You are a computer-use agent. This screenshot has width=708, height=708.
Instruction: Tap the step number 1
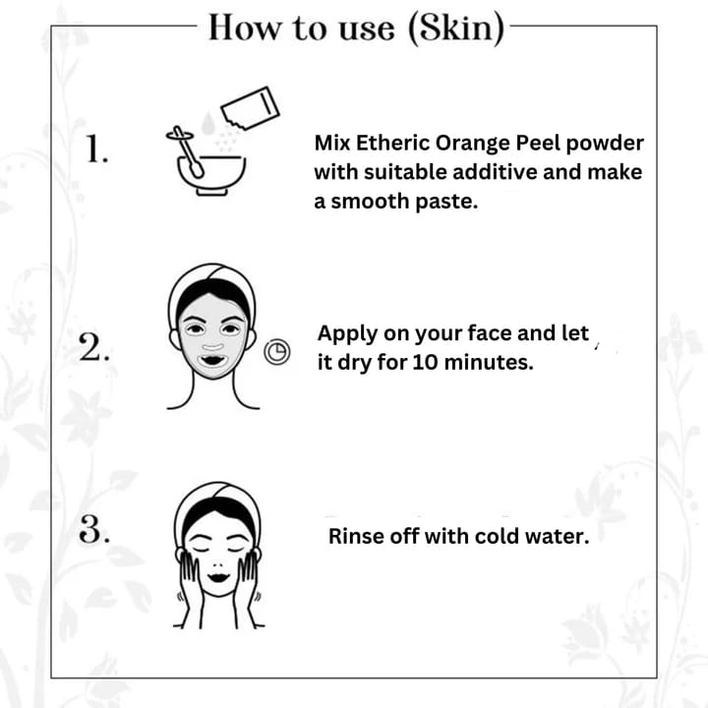[x=97, y=148]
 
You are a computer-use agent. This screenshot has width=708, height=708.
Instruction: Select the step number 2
[x=94, y=347]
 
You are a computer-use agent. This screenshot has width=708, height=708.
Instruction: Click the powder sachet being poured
[x=250, y=107]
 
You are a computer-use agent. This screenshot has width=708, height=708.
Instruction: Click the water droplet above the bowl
[x=207, y=123]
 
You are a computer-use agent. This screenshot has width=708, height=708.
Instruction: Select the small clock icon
[x=276, y=352]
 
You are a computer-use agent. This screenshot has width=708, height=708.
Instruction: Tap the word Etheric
[x=392, y=143]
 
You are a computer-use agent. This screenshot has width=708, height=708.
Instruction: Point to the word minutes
[x=489, y=362]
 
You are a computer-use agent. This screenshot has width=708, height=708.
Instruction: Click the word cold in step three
[x=495, y=537]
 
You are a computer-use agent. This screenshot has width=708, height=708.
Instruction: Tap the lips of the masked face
[x=212, y=361]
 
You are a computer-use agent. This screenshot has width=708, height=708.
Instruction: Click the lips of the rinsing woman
[x=218, y=577]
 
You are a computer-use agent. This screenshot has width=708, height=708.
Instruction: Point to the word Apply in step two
[x=348, y=334]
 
